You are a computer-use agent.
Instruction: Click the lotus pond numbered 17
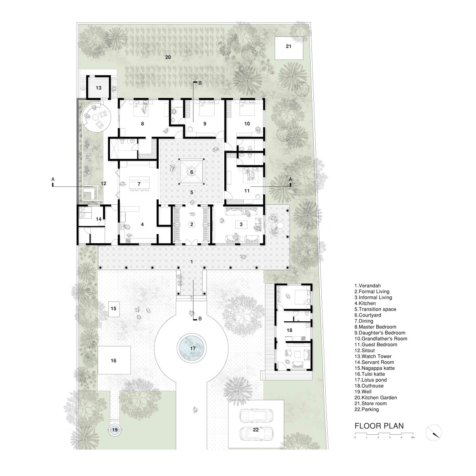click(x=192, y=349)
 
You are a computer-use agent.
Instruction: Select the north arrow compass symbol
click(x=433, y=433)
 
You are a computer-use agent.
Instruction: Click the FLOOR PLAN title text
click(x=379, y=426)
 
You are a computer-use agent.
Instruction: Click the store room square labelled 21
click(x=289, y=48)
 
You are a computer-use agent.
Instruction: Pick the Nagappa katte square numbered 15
click(x=113, y=309)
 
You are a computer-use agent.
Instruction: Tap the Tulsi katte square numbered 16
click(x=114, y=361)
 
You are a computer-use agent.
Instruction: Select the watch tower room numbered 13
click(x=98, y=87)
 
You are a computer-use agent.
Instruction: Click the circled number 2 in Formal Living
click(x=192, y=224)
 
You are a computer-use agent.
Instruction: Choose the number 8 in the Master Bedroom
click(x=142, y=123)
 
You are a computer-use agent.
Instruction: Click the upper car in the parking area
click(x=256, y=415)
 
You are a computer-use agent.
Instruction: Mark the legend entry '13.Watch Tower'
click(x=373, y=356)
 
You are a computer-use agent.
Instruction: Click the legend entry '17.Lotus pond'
click(x=370, y=380)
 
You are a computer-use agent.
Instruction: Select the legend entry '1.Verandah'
click(x=368, y=286)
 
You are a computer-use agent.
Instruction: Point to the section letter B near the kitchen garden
click(x=200, y=83)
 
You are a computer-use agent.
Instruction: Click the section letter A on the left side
click(x=53, y=179)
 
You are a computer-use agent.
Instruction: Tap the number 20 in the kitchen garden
click(x=168, y=57)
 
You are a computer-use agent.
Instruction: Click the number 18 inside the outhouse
click(x=290, y=330)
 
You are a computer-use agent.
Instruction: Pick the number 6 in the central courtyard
click(x=192, y=172)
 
